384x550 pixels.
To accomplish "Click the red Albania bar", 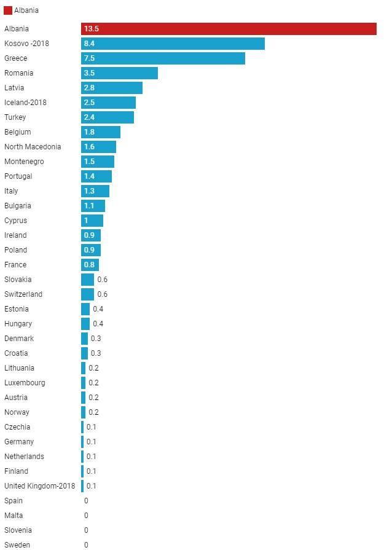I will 229,29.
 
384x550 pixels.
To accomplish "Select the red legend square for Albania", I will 8,10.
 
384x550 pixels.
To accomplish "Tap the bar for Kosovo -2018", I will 173,44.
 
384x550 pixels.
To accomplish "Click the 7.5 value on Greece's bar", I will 89,58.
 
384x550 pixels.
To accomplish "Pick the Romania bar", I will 119,73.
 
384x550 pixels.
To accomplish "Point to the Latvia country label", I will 14,88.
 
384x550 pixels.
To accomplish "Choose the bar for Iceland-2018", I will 108,103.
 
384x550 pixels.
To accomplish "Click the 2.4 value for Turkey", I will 89,117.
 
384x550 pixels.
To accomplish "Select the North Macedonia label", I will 33,147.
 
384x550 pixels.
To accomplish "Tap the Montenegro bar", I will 98,162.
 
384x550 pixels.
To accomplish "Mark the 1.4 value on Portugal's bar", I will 89,176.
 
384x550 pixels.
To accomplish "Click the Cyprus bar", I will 92,221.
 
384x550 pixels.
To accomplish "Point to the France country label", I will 15,265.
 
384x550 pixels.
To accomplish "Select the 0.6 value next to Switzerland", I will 102,294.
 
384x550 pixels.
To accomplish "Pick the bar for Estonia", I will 85,309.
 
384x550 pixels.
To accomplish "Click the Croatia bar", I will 84,353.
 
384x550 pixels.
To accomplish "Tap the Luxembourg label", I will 25,383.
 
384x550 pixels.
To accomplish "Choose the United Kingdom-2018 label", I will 39,486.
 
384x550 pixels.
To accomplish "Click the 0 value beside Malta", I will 86,516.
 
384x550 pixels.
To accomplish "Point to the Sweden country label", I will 17,545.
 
